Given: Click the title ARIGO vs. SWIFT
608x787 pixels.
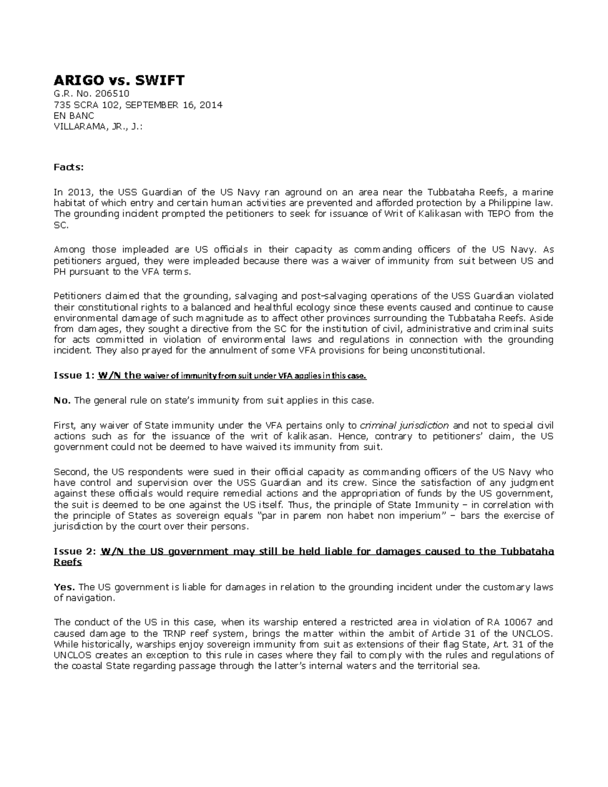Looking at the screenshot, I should [x=119, y=80].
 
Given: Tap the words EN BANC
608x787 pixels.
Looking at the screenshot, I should [x=74, y=116].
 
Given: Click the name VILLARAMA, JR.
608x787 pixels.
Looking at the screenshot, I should [x=89, y=127].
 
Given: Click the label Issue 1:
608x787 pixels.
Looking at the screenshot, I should [x=74, y=376].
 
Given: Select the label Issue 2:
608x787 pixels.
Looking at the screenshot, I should [x=74, y=551].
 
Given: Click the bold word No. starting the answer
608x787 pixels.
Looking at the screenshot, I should [x=62, y=401].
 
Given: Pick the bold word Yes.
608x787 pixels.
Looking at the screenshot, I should [x=64, y=587].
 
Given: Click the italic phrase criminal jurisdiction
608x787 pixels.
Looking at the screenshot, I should [x=404, y=425].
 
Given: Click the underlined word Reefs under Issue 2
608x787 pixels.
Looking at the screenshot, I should [x=67, y=563].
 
